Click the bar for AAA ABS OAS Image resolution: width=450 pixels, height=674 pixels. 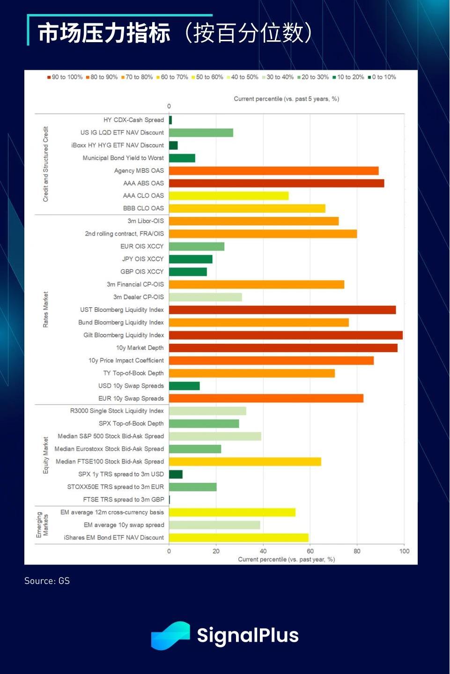276,183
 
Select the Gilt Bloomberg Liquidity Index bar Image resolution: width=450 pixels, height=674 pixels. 286,335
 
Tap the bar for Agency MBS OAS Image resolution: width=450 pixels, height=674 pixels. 273,171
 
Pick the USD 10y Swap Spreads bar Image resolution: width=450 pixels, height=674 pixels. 184,386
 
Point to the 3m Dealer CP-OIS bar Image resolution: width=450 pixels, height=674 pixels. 205,297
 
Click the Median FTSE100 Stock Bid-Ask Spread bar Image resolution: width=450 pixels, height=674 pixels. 245,462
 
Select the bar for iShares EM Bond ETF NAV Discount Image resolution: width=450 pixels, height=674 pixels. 238,538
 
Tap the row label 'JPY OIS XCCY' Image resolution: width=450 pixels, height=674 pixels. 143,259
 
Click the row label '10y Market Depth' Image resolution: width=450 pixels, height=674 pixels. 140,348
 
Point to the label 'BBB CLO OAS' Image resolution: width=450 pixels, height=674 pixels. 143,208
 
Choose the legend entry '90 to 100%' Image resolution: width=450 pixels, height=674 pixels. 65,77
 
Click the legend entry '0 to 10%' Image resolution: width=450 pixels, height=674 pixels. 382,77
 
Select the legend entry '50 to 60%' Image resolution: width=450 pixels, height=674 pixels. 207,77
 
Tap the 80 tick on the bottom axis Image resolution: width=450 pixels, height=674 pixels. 357,551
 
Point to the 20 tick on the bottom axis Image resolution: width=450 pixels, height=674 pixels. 216,551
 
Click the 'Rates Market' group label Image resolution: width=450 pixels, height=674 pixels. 45,310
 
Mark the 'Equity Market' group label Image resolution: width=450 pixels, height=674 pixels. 45,455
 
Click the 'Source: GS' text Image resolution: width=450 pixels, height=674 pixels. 47,581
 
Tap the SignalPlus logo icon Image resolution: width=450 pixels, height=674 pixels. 170,636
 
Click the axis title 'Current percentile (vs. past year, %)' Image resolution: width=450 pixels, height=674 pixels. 286,560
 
